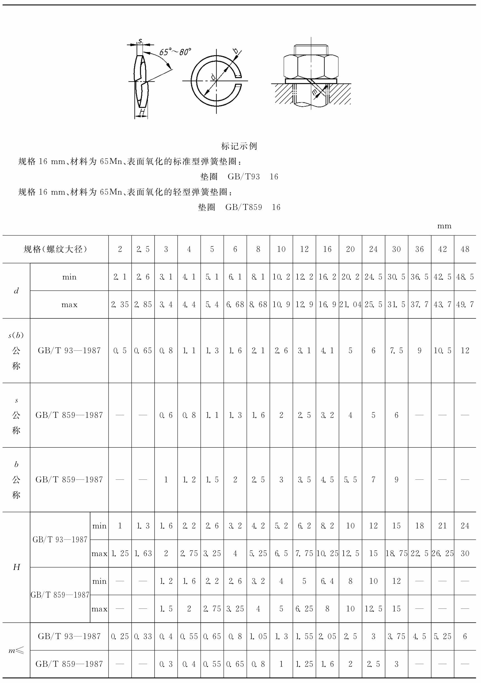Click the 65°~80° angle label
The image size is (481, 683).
click(x=175, y=52)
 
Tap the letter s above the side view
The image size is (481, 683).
click(x=140, y=41)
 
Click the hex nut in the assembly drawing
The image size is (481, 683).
click(x=311, y=67)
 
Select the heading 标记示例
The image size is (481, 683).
click(x=239, y=146)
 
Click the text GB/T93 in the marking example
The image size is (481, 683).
click(x=244, y=177)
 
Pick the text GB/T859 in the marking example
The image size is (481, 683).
click(x=244, y=207)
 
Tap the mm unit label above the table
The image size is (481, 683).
click(x=444, y=226)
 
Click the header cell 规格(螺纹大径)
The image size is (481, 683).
click(x=55, y=249)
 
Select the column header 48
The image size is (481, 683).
click(x=465, y=249)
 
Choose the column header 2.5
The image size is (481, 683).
click(x=143, y=249)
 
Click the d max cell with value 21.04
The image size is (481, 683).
click(x=350, y=305)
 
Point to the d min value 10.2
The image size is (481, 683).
click(x=281, y=277)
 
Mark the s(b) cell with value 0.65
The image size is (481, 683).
click(x=143, y=351)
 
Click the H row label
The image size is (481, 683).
click(x=16, y=567)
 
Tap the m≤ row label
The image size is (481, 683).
click(x=16, y=650)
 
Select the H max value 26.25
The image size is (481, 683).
click(x=442, y=554)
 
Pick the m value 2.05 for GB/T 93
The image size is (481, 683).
click(x=327, y=637)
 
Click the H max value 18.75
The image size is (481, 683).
click(x=396, y=554)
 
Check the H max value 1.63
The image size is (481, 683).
click(x=143, y=554)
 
